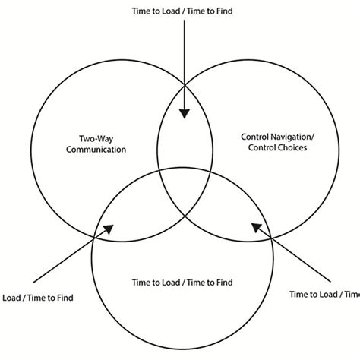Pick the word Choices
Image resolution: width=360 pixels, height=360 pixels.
(x=290, y=149)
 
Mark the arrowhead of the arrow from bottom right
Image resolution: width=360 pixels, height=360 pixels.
(x=256, y=226)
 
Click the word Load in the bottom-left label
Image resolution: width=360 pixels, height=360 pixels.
(x=13, y=297)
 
